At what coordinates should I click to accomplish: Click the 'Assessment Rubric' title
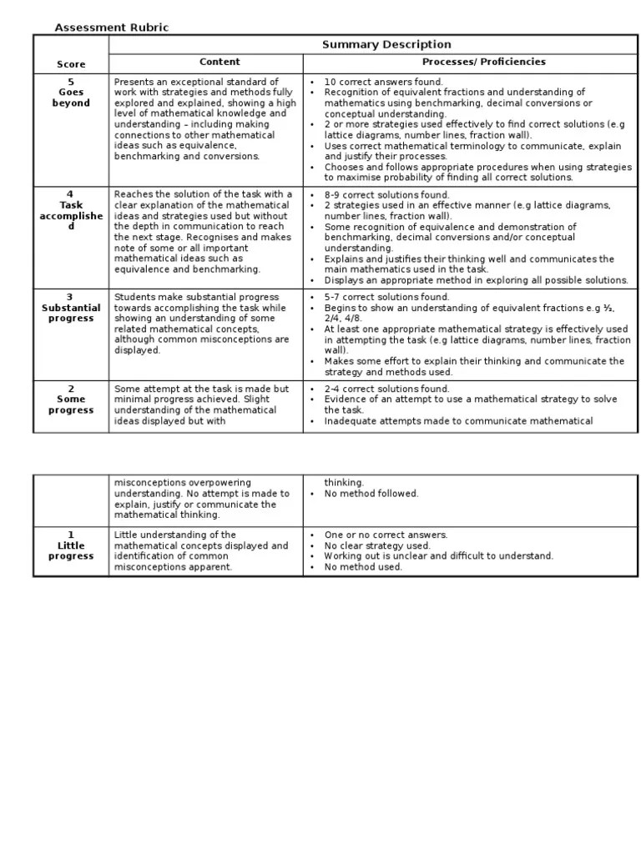pyautogui.click(x=111, y=28)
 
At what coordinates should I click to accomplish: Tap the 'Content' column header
pyautogui.click(x=220, y=62)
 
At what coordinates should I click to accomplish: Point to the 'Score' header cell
pyautogui.click(x=71, y=64)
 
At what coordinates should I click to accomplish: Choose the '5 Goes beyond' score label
pyautogui.click(x=71, y=93)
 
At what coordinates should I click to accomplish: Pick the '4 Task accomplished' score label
pyautogui.click(x=71, y=210)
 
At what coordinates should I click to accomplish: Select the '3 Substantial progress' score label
pyautogui.click(x=71, y=308)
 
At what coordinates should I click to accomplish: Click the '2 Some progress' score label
pyautogui.click(x=71, y=399)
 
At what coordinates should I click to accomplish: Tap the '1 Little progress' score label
pyautogui.click(x=71, y=545)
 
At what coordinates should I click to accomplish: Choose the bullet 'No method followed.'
pyautogui.click(x=371, y=494)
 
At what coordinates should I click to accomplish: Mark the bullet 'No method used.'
pyautogui.click(x=363, y=567)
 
